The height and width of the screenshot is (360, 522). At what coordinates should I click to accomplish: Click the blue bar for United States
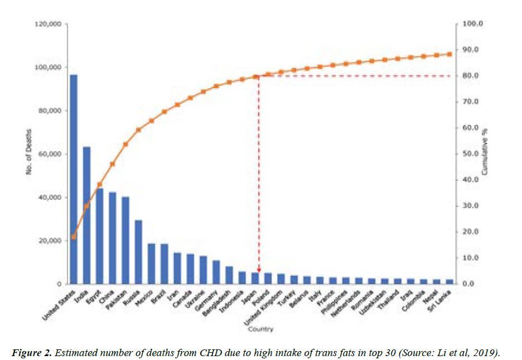(x=74, y=179)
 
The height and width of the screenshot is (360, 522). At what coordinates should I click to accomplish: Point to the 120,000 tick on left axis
(x=50, y=25)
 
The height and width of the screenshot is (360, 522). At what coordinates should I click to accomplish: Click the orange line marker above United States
(x=74, y=237)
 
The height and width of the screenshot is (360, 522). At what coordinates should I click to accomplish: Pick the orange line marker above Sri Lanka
(x=449, y=54)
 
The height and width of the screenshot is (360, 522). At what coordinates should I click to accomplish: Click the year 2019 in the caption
(x=482, y=352)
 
